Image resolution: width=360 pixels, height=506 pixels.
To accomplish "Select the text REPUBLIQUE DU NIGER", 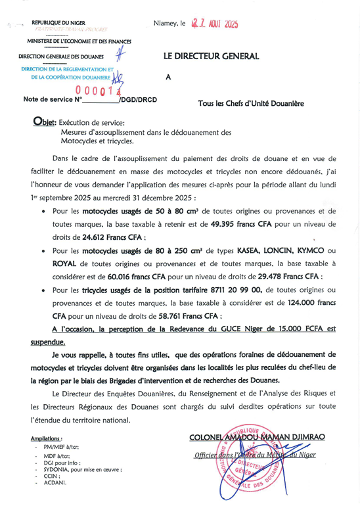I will coord(58,24).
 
